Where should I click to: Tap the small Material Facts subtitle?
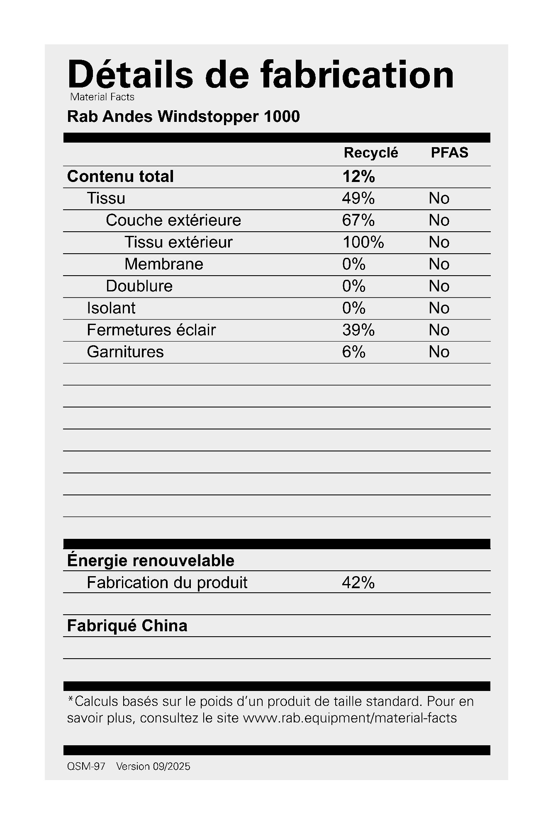click(x=102, y=97)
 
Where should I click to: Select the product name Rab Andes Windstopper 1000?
click(x=183, y=116)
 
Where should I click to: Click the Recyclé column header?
click(x=370, y=153)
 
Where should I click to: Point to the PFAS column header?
click(x=449, y=153)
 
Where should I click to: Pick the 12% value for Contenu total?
click(x=358, y=177)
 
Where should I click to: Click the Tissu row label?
click(x=106, y=199)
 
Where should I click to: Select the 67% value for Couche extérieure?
click(x=358, y=220)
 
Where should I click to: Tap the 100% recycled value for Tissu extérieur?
click(x=363, y=242)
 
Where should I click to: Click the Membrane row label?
click(x=164, y=264)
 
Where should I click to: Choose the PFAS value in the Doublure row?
click(x=439, y=286)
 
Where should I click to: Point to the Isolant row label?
click(x=111, y=308)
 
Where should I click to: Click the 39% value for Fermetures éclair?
click(x=358, y=330)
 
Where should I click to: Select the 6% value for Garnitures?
click(x=353, y=352)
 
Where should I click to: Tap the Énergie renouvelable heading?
click(x=151, y=560)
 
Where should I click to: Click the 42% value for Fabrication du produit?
click(x=358, y=583)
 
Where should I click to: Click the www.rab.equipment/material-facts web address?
click(x=349, y=717)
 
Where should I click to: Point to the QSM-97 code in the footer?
click(x=86, y=766)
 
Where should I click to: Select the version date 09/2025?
click(x=171, y=766)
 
